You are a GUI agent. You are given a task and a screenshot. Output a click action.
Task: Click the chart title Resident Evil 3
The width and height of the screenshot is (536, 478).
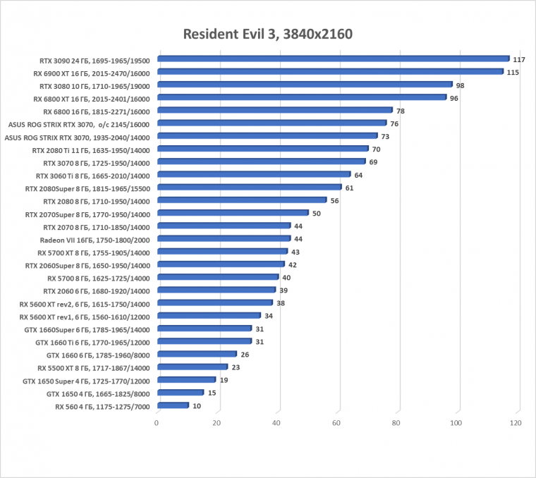point(267,34)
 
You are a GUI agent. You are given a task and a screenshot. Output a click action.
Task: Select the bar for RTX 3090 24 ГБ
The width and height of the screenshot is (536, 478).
point(333,59)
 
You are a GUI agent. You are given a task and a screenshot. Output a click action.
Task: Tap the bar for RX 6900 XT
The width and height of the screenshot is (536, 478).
point(330,71)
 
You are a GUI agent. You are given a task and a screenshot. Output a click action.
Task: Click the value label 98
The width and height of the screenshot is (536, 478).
point(460,85)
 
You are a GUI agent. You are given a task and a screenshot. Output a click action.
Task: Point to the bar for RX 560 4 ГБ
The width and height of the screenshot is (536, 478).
point(173,405)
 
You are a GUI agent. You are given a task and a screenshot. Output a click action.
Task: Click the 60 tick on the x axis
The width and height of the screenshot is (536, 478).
point(336,423)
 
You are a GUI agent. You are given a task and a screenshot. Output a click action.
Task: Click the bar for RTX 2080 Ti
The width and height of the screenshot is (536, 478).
point(263,149)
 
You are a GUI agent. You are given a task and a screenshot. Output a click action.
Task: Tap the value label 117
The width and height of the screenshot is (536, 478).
point(519,59)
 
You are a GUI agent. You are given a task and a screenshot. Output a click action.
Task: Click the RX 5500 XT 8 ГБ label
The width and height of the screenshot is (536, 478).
point(94,367)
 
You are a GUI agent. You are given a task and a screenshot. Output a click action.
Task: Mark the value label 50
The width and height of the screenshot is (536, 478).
point(317,214)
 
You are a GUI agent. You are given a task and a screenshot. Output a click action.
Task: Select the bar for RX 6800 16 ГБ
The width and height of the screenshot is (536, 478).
point(275,110)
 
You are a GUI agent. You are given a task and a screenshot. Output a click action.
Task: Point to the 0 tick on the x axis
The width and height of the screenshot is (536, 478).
point(157,423)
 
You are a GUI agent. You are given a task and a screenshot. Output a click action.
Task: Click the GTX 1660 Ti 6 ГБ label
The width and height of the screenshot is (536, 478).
point(92,342)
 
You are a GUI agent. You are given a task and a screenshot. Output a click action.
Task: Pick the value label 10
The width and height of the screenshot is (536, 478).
point(197,406)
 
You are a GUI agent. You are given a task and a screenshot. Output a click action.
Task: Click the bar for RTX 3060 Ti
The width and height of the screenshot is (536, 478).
point(254,174)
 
